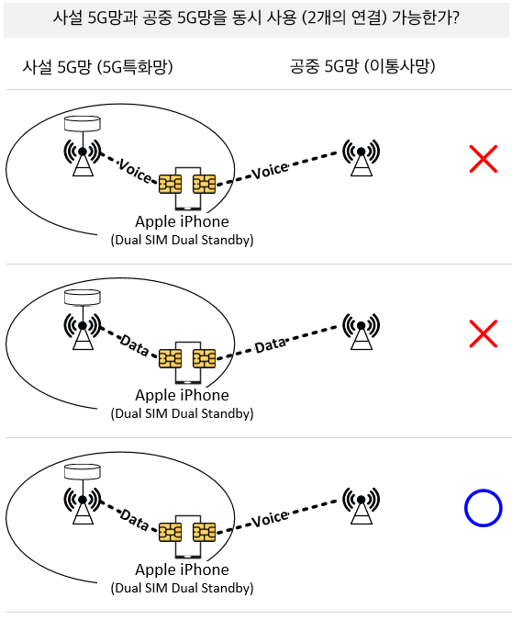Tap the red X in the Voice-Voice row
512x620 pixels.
(x=484, y=159)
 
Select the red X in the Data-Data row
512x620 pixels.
(x=484, y=333)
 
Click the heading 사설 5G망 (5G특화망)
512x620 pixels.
(x=97, y=66)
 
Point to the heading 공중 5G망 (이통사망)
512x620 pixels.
(x=362, y=66)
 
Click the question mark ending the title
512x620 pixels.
(x=455, y=17)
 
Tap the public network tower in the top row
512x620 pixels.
(x=362, y=157)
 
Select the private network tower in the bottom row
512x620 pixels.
(x=83, y=505)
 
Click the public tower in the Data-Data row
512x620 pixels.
(x=362, y=332)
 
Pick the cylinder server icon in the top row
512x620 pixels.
(x=83, y=123)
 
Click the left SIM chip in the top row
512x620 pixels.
(x=171, y=185)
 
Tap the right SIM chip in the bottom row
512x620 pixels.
(x=205, y=532)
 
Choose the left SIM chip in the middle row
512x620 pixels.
(x=171, y=358)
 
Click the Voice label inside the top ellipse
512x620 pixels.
(x=135, y=171)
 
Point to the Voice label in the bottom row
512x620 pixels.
(x=271, y=519)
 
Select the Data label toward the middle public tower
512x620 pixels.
(x=271, y=345)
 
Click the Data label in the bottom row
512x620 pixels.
(x=134, y=520)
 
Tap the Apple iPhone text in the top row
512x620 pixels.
(x=182, y=222)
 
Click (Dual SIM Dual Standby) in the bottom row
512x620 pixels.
(x=182, y=588)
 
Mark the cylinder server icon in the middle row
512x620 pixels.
(x=83, y=298)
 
